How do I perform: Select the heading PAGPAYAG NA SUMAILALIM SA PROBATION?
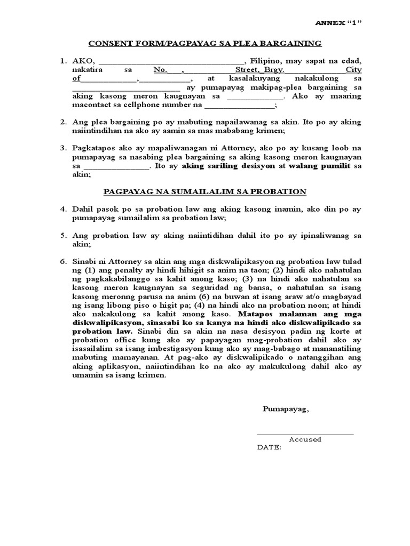tap(204, 191)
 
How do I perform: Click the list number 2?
tap(62, 122)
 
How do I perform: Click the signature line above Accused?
tap(305, 434)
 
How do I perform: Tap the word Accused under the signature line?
tap(305, 440)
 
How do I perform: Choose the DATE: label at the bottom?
tap(270, 448)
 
